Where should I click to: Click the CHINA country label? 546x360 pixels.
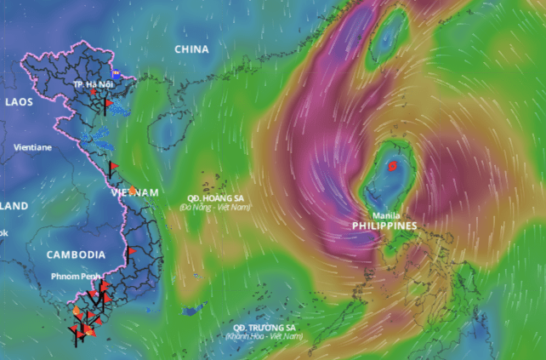coord(191,49)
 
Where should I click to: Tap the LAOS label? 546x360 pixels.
coord(18,101)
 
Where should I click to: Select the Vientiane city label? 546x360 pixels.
coord(32,147)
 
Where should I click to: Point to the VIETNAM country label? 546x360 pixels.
coord(134,193)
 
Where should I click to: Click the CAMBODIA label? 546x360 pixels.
coord(76,254)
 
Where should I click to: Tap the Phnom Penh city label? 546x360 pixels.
coord(75,276)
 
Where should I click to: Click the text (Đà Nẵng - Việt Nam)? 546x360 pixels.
coord(214,207)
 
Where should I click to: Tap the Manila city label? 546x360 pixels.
coord(386,215)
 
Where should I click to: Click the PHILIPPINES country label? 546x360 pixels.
coord(384,226)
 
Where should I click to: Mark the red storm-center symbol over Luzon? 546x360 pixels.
coord(392,167)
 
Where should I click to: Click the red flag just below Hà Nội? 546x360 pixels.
coord(108,104)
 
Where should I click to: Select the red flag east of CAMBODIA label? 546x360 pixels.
coord(131,252)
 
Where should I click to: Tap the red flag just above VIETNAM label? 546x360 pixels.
coord(112,166)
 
